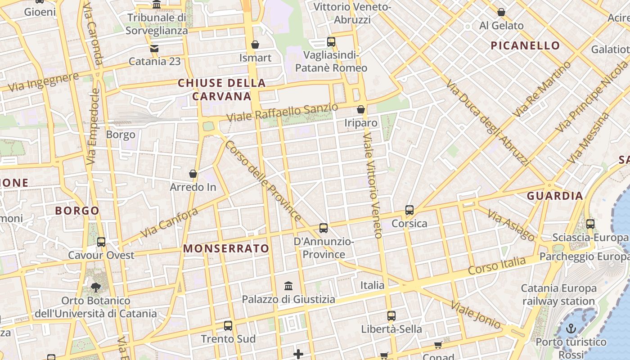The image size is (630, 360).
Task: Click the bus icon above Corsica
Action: coord(409,210)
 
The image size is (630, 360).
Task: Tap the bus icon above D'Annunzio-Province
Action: coord(324,228)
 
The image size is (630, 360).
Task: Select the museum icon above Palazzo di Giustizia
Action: coord(288,286)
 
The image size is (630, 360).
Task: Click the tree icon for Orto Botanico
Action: coord(95,287)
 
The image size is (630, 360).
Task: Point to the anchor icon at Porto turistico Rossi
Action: coord(571,328)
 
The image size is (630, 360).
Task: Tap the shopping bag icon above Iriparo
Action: coord(360,109)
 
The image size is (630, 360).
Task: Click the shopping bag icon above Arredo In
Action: coord(193,174)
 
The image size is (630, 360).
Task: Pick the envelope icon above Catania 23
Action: coord(154,48)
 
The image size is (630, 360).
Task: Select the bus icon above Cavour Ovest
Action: coord(101,242)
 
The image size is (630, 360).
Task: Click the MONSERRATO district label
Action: coord(226,248)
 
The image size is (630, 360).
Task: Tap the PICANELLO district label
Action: coord(525,45)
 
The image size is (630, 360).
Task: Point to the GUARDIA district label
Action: coord(555,196)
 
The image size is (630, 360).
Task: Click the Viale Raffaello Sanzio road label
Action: coord(282,112)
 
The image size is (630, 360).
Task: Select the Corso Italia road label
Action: coord(496,265)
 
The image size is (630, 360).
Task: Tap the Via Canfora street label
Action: coord(169,223)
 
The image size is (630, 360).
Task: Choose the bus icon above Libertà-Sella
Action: coord(391,316)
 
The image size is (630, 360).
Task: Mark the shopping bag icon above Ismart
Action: coord(255,45)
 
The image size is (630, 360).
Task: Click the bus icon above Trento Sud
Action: coord(228,326)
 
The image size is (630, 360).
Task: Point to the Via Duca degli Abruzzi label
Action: coord(487,122)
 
